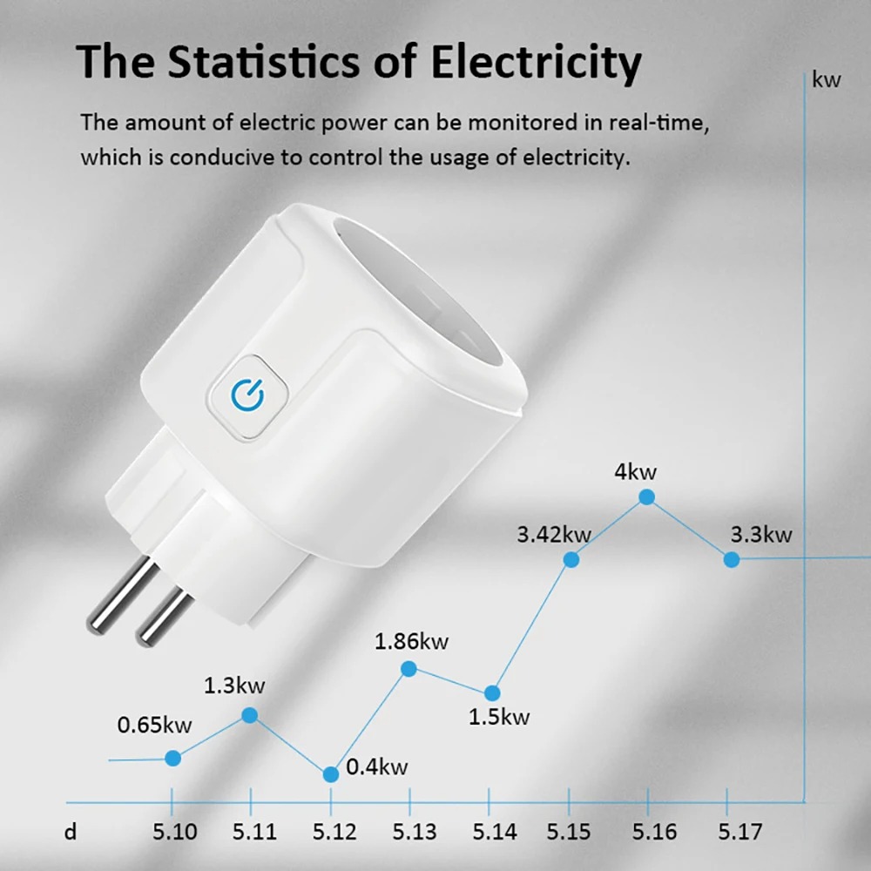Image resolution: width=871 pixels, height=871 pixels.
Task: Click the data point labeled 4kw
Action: pos(646,497)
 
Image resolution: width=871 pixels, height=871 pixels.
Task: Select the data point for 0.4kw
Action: pos(330,774)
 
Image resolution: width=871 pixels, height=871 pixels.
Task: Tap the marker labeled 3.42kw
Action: pos(571,559)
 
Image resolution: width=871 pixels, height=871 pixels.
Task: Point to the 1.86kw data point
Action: pos(408,668)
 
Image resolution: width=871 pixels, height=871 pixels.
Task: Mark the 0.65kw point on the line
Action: pos(172,758)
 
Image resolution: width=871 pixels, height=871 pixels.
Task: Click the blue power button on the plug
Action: pos(247,395)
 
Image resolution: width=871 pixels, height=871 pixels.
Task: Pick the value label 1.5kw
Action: pos(499,718)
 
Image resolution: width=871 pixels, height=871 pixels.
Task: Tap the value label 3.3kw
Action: pos(761,534)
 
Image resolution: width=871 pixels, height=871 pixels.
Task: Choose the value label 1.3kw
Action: pos(234,685)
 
